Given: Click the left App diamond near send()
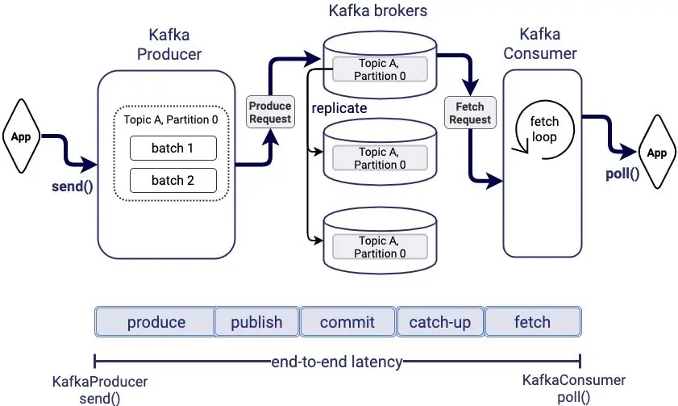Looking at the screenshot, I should pos(21,136).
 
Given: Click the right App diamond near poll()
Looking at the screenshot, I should pos(657,152).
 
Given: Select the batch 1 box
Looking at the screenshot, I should pos(173,149).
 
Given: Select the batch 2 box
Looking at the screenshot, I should pos(173,180).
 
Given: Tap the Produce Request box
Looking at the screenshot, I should pos(270,112).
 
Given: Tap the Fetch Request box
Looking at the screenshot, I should pos(470,113).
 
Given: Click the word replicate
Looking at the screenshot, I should pos(340,108).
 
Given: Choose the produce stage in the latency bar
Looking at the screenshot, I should pos(155,322).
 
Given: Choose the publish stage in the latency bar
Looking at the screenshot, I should pos(256,322).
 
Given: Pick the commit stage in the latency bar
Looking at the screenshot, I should pos(347,322).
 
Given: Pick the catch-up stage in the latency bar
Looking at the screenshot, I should pos(439,322).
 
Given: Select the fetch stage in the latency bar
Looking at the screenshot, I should pos(532,322).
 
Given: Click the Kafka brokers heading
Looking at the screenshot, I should pos(378,12).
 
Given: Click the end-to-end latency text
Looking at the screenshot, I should pos(336,362).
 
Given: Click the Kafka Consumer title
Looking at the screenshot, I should pos(540,45).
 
